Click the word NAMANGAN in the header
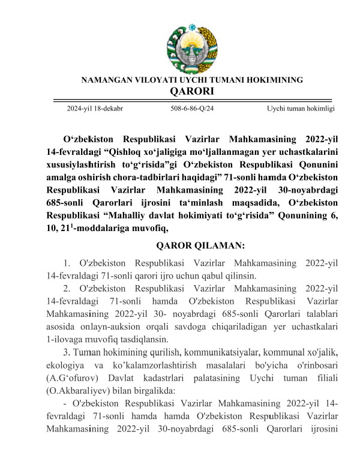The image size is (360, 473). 105,80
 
